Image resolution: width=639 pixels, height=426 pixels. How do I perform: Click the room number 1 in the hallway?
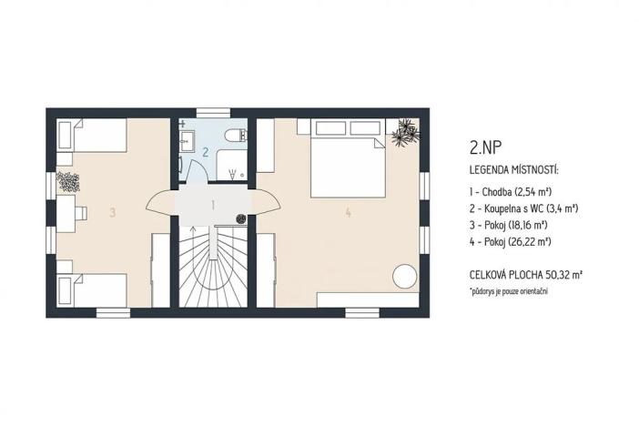[213, 206]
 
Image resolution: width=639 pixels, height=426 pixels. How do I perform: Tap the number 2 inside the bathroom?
[206, 152]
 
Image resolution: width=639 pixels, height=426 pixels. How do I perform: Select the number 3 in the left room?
[112, 213]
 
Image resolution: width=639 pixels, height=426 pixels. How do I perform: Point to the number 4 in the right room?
[348, 213]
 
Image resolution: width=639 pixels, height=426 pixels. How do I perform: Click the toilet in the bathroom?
[236, 137]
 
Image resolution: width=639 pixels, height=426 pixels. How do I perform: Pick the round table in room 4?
[404, 276]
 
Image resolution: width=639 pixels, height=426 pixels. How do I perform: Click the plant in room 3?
[67, 181]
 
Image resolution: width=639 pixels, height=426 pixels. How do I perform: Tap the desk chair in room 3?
[80, 212]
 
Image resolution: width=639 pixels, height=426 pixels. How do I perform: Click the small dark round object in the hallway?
[240, 218]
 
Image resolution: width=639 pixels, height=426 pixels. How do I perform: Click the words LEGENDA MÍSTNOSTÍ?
[514, 170]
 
